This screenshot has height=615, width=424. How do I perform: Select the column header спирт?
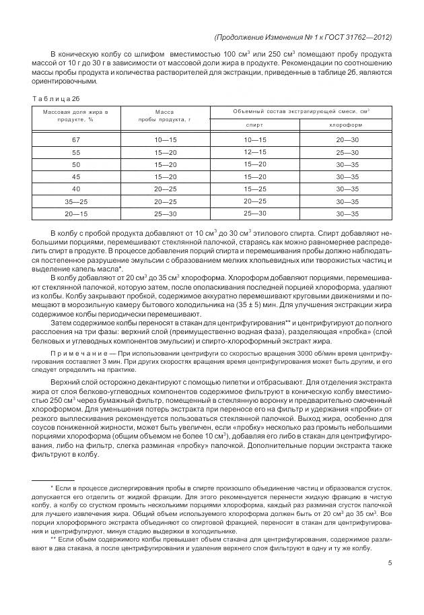(x=255, y=125)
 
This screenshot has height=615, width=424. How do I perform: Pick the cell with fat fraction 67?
(x=76, y=139)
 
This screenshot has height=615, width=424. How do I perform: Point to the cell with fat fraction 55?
(x=76, y=152)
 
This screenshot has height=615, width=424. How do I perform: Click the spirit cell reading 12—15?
(x=255, y=152)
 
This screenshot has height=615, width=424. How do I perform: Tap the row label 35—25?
(x=76, y=201)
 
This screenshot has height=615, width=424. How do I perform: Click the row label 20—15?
(x=76, y=214)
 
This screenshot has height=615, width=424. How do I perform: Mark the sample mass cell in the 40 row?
(x=165, y=189)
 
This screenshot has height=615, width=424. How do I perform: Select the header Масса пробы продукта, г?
(x=165, y=115)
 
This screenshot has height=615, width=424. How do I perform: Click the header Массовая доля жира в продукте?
(x=76, y=115)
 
